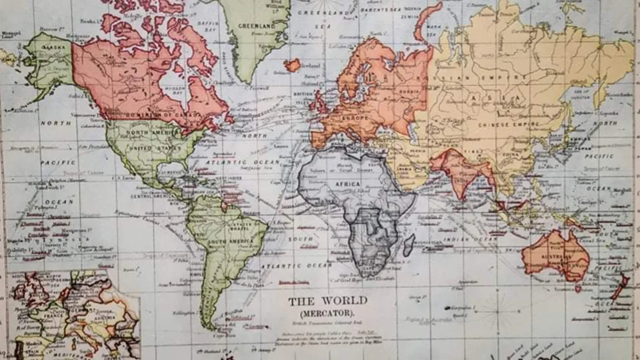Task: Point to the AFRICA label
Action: point(347,184)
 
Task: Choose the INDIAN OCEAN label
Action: point(470,240)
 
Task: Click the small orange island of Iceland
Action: point(293,65)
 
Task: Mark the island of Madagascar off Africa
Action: point(408,245)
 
